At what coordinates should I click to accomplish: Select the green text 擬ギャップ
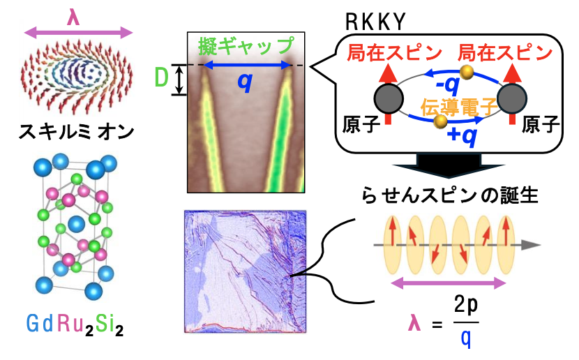246,46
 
